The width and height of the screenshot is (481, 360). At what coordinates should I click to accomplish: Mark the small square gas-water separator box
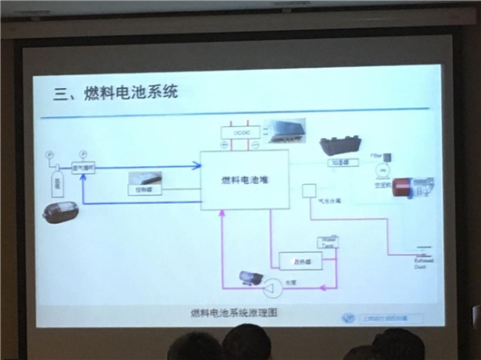[x=308, y=191]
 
